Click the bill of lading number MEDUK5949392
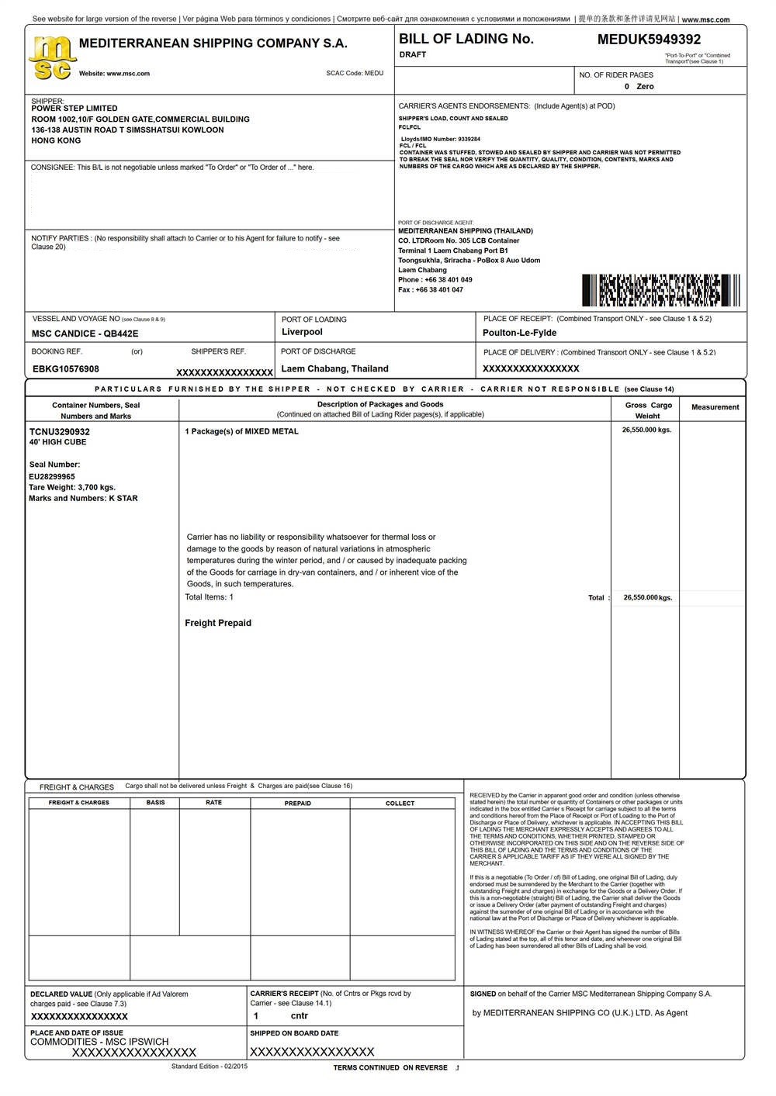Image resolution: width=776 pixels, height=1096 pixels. pyautogui.click(x=649, y=40)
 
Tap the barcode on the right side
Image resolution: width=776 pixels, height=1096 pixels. pyautogui.click(x=660, y=290)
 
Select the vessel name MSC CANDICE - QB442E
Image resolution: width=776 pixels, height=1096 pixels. pyautogui.click(x=85, y=334)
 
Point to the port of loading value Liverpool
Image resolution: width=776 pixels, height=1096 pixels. pyautogui.click(x=302, y=332)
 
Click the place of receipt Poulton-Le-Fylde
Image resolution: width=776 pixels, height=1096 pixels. pyautogui.click(x=519, y=333)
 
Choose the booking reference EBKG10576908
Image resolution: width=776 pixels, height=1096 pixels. pyautogui.click(x=66, y=369)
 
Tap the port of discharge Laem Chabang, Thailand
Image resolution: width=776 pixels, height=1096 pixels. pyautogui.click(x=334, y=369)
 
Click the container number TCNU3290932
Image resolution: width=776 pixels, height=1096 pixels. pyautogui.click(x=60, y=431)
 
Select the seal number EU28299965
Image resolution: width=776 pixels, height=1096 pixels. pyautogui.click(x=52, y=477)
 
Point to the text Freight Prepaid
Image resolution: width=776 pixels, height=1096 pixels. pyautogui.click(x=218, y=623)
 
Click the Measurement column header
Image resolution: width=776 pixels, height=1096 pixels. pyautogui.click(x=715, y=407)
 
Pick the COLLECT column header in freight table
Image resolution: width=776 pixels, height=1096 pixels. pyautogui.click(x=400, y=804)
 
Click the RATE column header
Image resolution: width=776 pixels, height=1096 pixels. pyautogui.click(x=213, y=803)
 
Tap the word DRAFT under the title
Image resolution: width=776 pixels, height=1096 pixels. pyautogui.click(x=413, y=55)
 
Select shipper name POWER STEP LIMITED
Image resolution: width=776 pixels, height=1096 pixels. pyautogui.click(x=74, y=109)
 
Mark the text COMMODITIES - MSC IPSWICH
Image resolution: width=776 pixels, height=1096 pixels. pyautogui.click(x=99, y=1042)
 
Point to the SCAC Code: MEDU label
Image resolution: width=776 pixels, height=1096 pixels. pyautogui.click(x=355, y=74)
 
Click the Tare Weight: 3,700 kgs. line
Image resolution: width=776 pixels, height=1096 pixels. pyautogui.click(x=72, y=488)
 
